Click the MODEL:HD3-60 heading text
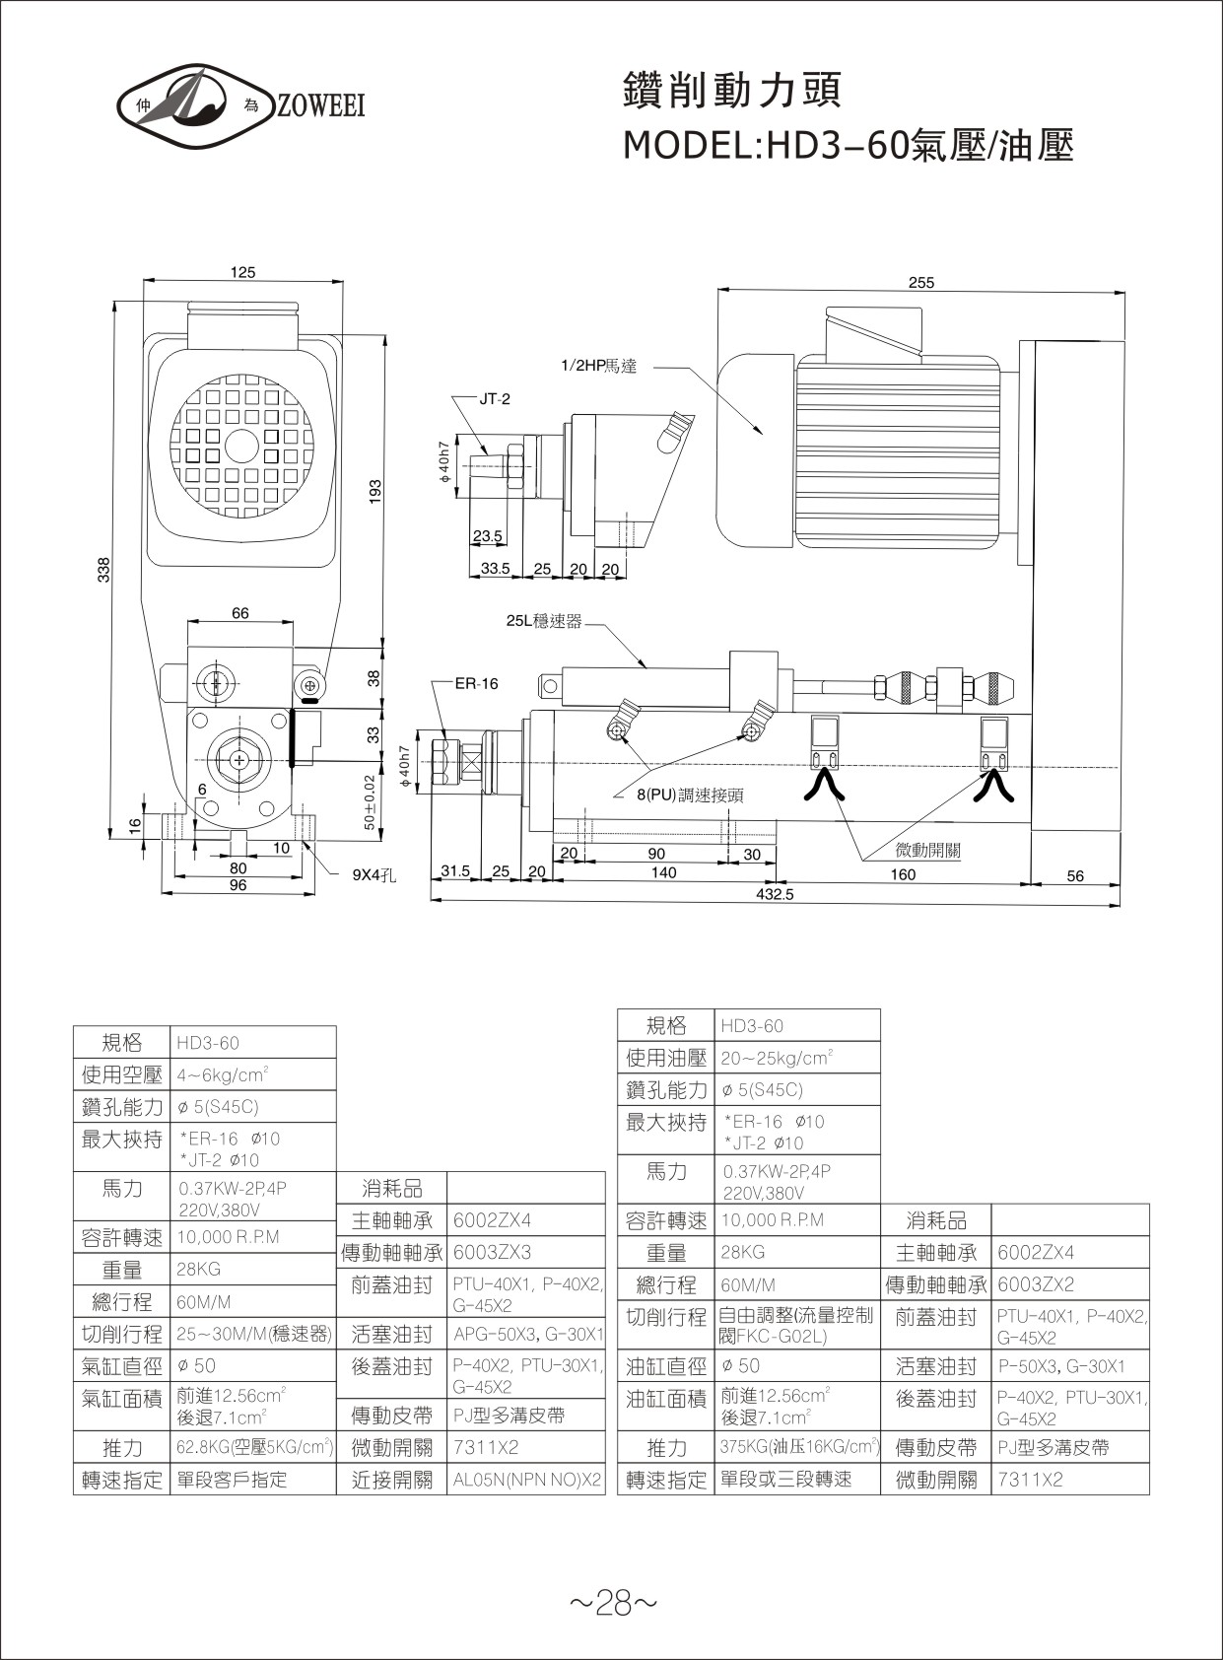[x=848, y=146]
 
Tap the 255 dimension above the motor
[x=920, y=282]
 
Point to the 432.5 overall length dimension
[x=774, y=894]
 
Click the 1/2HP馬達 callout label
[x=598, y=367]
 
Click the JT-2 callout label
[x=495, y=399]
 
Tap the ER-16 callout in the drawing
[x=476, y=683]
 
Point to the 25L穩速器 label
[x=544, y=621]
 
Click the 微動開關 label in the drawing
[x=927, y=851]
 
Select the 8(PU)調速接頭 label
[x=689, y=795]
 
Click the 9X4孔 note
[x=374, y=873]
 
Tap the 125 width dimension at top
[x=243, y=272]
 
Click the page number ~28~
[x=612, y=1604]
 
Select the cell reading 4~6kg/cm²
[x=224, y=1074]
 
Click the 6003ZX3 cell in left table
[x=492, y=1252]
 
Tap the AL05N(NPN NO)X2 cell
[x=527, y=1480]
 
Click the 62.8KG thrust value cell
[x=253, y=1447]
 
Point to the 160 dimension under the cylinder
[x=902, y=873]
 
